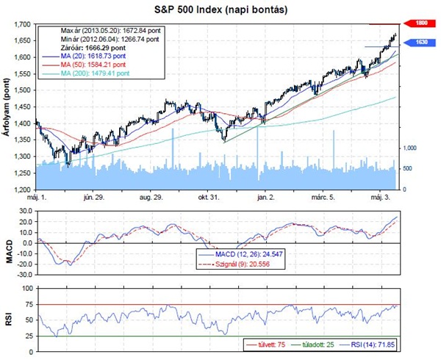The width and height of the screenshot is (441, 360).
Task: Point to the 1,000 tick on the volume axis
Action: pos(410,148)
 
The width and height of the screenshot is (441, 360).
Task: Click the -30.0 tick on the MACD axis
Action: pos(24,274)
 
